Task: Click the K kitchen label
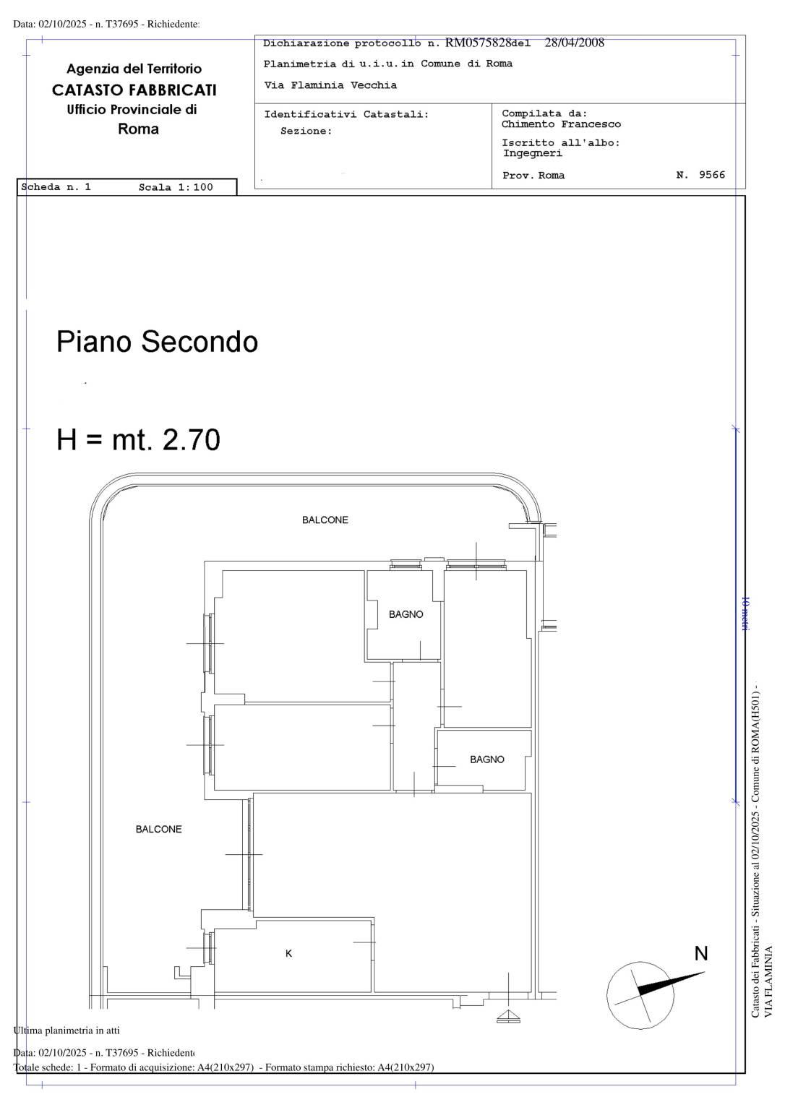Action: (x=288, y=953)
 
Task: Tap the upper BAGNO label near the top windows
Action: (x=406, y=614)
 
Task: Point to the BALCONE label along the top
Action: (x=325, y=520)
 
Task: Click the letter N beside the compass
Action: (x=700, y=953)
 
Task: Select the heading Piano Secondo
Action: (x=157, y=341)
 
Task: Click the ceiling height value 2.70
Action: (x=192, y=439)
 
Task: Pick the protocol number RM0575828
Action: (x=479, y=43)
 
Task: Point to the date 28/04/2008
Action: (x=575, y=43)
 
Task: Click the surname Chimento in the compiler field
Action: (x=528, y=124)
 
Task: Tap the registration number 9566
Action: (x=712, y=174)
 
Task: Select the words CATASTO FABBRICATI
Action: (x=134, y=90)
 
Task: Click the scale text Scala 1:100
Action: (x=176, y=187)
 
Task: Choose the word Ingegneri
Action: (x=533, y=153)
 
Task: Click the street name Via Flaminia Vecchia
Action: (x=330, y=85)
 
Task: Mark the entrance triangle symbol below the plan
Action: (x=508, y=1015)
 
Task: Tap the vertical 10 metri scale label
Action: (x=745, y=614)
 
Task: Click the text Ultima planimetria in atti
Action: (x=67, y=1031)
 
